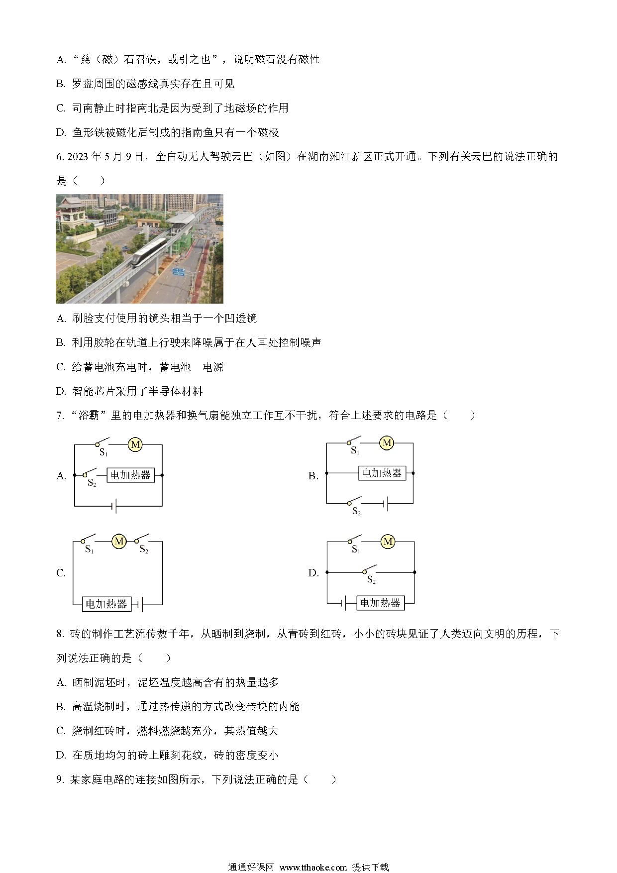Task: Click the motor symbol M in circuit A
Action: click(x=135, y=444)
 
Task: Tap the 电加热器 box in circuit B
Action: click(x=382, y=473)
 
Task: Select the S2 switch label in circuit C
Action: click(x=144, y=549)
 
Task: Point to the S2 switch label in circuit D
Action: click(x=371, y=580)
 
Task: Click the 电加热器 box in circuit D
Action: click(x=380, y=603)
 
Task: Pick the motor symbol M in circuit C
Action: click(x=119, y=541)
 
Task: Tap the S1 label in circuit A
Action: click(x=103, y=452)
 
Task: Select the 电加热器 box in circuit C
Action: click(x=106, y=604)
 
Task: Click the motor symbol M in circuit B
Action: click(x=387, y=442)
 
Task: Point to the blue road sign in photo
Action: click(x=178, y=271)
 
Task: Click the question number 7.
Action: click(x=60, y=416)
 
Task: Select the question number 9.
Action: click(x=60, y=780)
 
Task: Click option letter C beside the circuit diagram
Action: click(x=61, y=573)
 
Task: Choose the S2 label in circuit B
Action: click(x=356, y=511)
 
